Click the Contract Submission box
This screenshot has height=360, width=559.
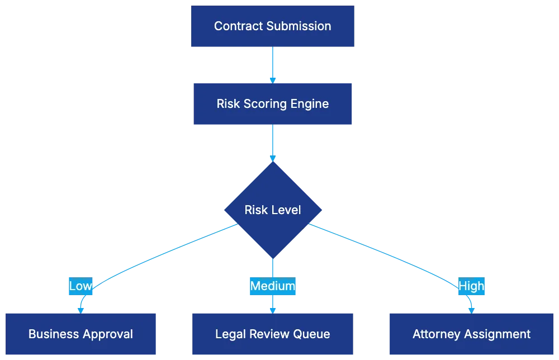click(273, 26)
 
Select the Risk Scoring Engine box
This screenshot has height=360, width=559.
click(273, 103)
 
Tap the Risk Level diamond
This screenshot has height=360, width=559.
click(273, 210)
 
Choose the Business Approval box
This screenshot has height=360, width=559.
click(80, 334)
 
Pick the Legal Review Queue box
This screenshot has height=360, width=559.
click(273, 334)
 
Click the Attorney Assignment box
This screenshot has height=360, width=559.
click(471, 334)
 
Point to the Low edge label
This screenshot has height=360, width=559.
click(80, 286)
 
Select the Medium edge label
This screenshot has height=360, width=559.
click(273, 286)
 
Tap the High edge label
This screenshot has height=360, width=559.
click(471, 286)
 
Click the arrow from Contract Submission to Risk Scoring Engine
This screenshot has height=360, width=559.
click(273, 65)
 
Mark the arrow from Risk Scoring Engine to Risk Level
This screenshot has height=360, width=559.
click(273, 143)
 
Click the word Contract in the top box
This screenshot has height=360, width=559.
click(236, 26)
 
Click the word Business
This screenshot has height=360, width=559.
click(53, 334)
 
